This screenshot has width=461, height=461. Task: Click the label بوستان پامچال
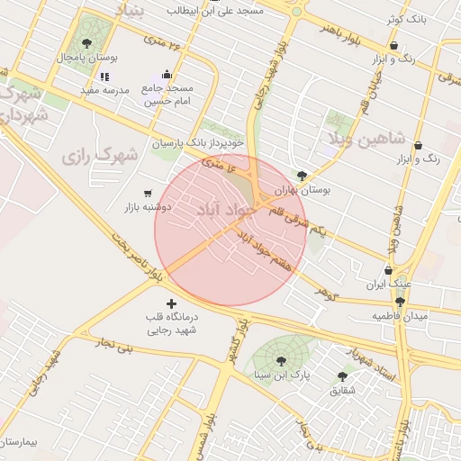[85, 57]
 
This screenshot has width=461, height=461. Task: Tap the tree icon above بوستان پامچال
[86, 43]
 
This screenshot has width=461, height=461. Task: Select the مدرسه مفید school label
[106, 90]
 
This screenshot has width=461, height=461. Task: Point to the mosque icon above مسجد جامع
[166, 76]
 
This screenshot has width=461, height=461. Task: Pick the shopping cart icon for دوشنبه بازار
[147, 193]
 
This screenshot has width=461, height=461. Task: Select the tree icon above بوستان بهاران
[302, 176]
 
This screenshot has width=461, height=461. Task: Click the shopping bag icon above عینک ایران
[388, 269]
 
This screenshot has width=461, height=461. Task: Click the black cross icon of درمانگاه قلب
[172, 304]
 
